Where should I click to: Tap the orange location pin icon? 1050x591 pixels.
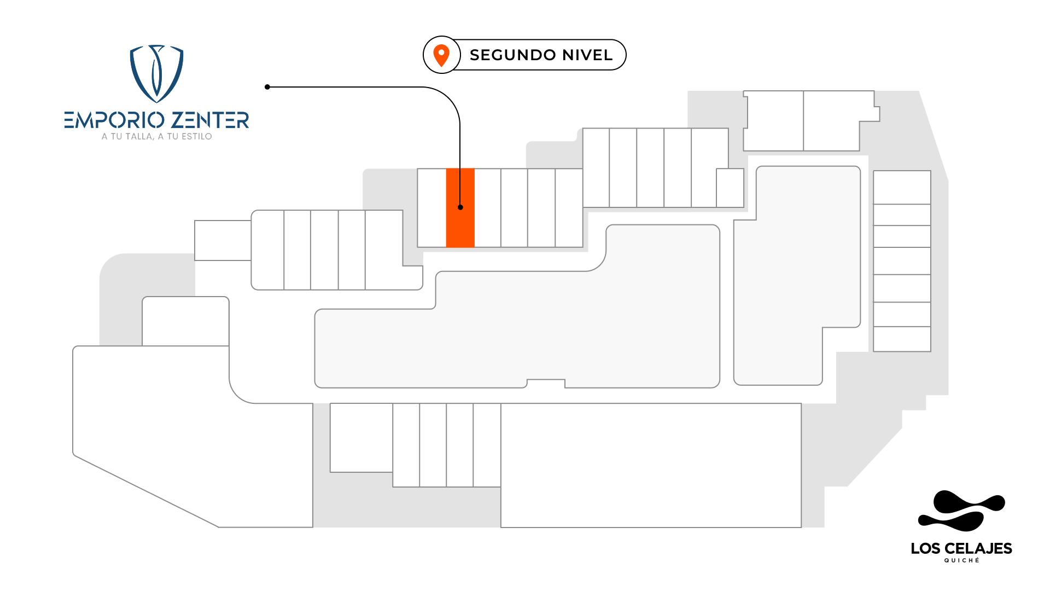pyautogui.click(x=441, y=55)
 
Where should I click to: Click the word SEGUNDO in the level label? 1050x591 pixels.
pyautogui.click(x=509, y=55)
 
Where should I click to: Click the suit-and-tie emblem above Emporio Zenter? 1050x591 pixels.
pyautogui.click(x=156, y=73)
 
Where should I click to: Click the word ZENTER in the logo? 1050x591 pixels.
pyautogui.click(x=211, y=120)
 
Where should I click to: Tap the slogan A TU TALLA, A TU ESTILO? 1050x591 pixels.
pyautogui.click(x=156, y=137)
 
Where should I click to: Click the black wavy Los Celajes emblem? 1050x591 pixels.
pyautogui.click(x=961, y=511)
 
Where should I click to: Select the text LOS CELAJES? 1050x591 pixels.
pyautogui.click(x=961, y=548)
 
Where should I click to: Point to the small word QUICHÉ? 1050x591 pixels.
pyautogui.click(x=961, y=560)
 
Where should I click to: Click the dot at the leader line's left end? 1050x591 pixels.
pyautogui.click(x=267, y=87)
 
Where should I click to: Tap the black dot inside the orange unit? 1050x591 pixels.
pyautogui.click(x=460, y=207)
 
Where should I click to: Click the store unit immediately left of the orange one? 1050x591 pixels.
pyautogui.click(x=431, y=208)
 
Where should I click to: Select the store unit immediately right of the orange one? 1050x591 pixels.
pyautogui.click(x=487, y=208)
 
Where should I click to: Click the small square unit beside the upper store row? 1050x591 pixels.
pyautogui.click(x=730, y=188)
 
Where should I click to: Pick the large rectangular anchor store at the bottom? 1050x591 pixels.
pyautogui.click(x=651, y=465)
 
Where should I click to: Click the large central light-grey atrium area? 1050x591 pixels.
pyautogui.click(x=547, y=328)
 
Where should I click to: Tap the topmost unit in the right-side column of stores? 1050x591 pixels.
pyautogui.click(x=902, y=187)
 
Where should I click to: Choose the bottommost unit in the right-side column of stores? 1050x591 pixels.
pyautogui.click(x=902, y=339)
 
